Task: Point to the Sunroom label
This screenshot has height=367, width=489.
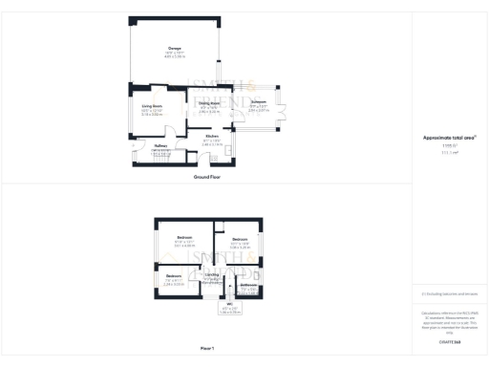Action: (x=258, y=100)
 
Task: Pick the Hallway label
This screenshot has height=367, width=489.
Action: (x=160, y=146)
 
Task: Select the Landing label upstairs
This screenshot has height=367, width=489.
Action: (x=212, y=274)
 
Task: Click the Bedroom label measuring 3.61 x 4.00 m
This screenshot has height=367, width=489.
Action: (x=184, y=237)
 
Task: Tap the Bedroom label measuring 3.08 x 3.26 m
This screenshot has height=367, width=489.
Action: (x=239, y=239)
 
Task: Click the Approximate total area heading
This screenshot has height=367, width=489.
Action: (x=449, y=138)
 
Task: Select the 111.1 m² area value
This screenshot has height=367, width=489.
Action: (x=449, y=152)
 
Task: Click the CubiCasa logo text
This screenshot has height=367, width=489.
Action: (x=449, y=340)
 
